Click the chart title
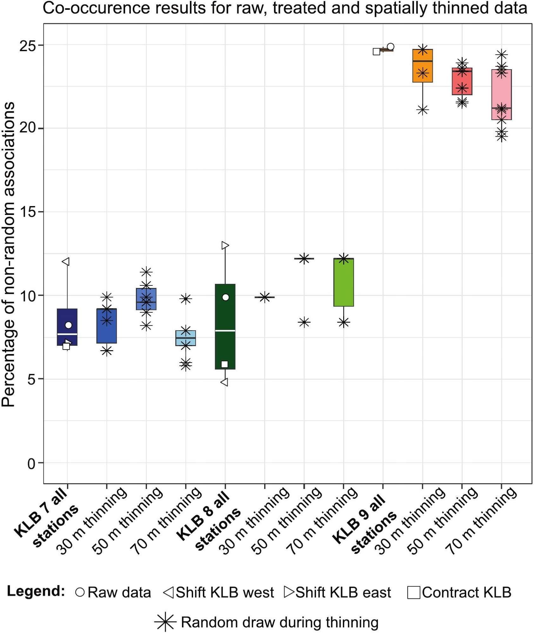[285, 8]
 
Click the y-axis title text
[8, 254]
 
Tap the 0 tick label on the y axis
[31, 464]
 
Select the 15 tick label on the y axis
[28, 212]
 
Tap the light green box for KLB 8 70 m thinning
[344, 282]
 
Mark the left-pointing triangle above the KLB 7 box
[66, 262]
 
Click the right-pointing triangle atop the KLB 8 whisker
[225, 245]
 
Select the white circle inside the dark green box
[225, 297]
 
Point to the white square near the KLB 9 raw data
[376, 52]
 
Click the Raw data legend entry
[113, 593]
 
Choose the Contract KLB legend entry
[459, 593]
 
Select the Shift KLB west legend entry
[218, 593]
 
